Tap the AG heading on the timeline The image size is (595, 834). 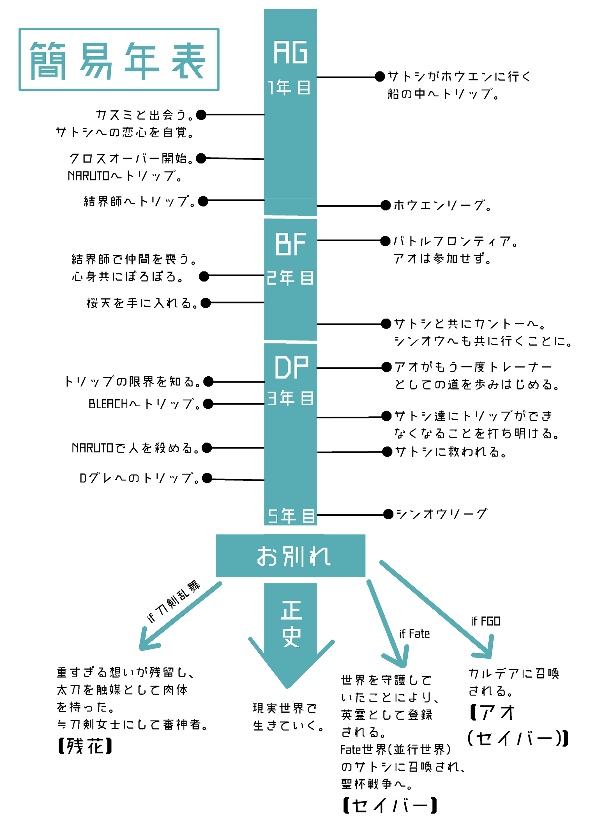click(x=290, y=52)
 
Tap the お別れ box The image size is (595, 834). click(x=290, y=556)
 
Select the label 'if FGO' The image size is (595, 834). click(x=485, y=621)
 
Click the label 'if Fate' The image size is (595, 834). click(x=414, y=634)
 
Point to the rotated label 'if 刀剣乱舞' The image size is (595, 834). click(x=173, y=601)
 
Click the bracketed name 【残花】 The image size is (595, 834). click(x=85, y=746)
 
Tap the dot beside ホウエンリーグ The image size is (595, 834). click(x=385, y=205)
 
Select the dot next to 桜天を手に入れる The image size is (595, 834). click(x=206, y=303)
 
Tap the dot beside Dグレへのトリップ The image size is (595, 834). click(x=207, y=478)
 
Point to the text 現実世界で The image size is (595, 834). click(x=285, y=708)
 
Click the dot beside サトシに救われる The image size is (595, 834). click(x=387, y=452)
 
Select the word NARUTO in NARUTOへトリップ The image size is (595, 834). click(x=88, y=176)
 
